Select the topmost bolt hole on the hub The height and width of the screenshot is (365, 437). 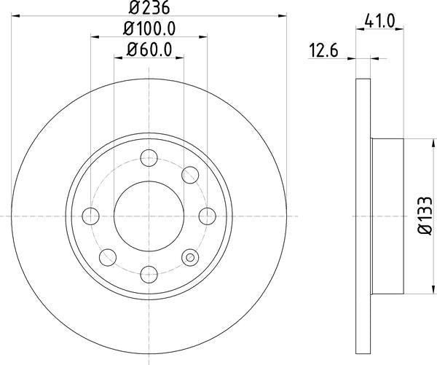pos(149,157)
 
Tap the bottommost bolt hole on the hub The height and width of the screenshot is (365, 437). pos(149,274)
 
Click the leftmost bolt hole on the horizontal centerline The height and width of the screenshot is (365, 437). pos(90,216)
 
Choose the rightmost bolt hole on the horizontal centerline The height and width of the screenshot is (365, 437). pos(207,216)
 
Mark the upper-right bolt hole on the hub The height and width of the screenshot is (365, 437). pos(190,174)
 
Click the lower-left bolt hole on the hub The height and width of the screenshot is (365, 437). pos(107,257)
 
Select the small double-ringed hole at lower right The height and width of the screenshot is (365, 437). pos(191,256)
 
